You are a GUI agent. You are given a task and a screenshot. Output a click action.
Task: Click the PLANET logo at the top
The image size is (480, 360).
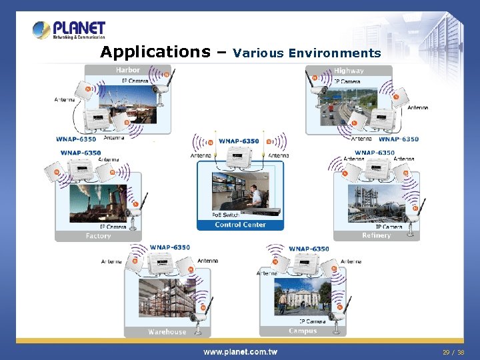coord(69,30)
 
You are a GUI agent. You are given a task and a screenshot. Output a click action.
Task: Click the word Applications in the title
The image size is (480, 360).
coord(155,52)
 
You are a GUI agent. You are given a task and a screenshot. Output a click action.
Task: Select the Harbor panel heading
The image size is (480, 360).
coord(128,70)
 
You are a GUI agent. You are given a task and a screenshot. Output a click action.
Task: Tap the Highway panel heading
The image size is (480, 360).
coord(349,71)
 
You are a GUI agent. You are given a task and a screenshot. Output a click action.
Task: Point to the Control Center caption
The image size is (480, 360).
coord(240,225)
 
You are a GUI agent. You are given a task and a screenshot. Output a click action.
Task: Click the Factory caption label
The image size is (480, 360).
coord(98,236)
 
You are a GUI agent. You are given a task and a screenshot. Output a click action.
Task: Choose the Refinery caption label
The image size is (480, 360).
coord(376,235)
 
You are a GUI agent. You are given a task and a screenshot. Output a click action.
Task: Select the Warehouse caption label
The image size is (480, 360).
coord(167,331)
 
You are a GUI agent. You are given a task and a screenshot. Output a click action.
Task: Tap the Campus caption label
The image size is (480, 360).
coord(303,331)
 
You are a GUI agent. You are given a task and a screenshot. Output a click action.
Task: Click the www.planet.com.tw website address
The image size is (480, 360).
coord(240,351)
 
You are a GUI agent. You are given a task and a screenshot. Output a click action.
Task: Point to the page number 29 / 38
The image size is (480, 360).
coord(453,351)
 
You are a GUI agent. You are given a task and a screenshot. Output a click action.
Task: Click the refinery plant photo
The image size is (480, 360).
coord(376,203)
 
